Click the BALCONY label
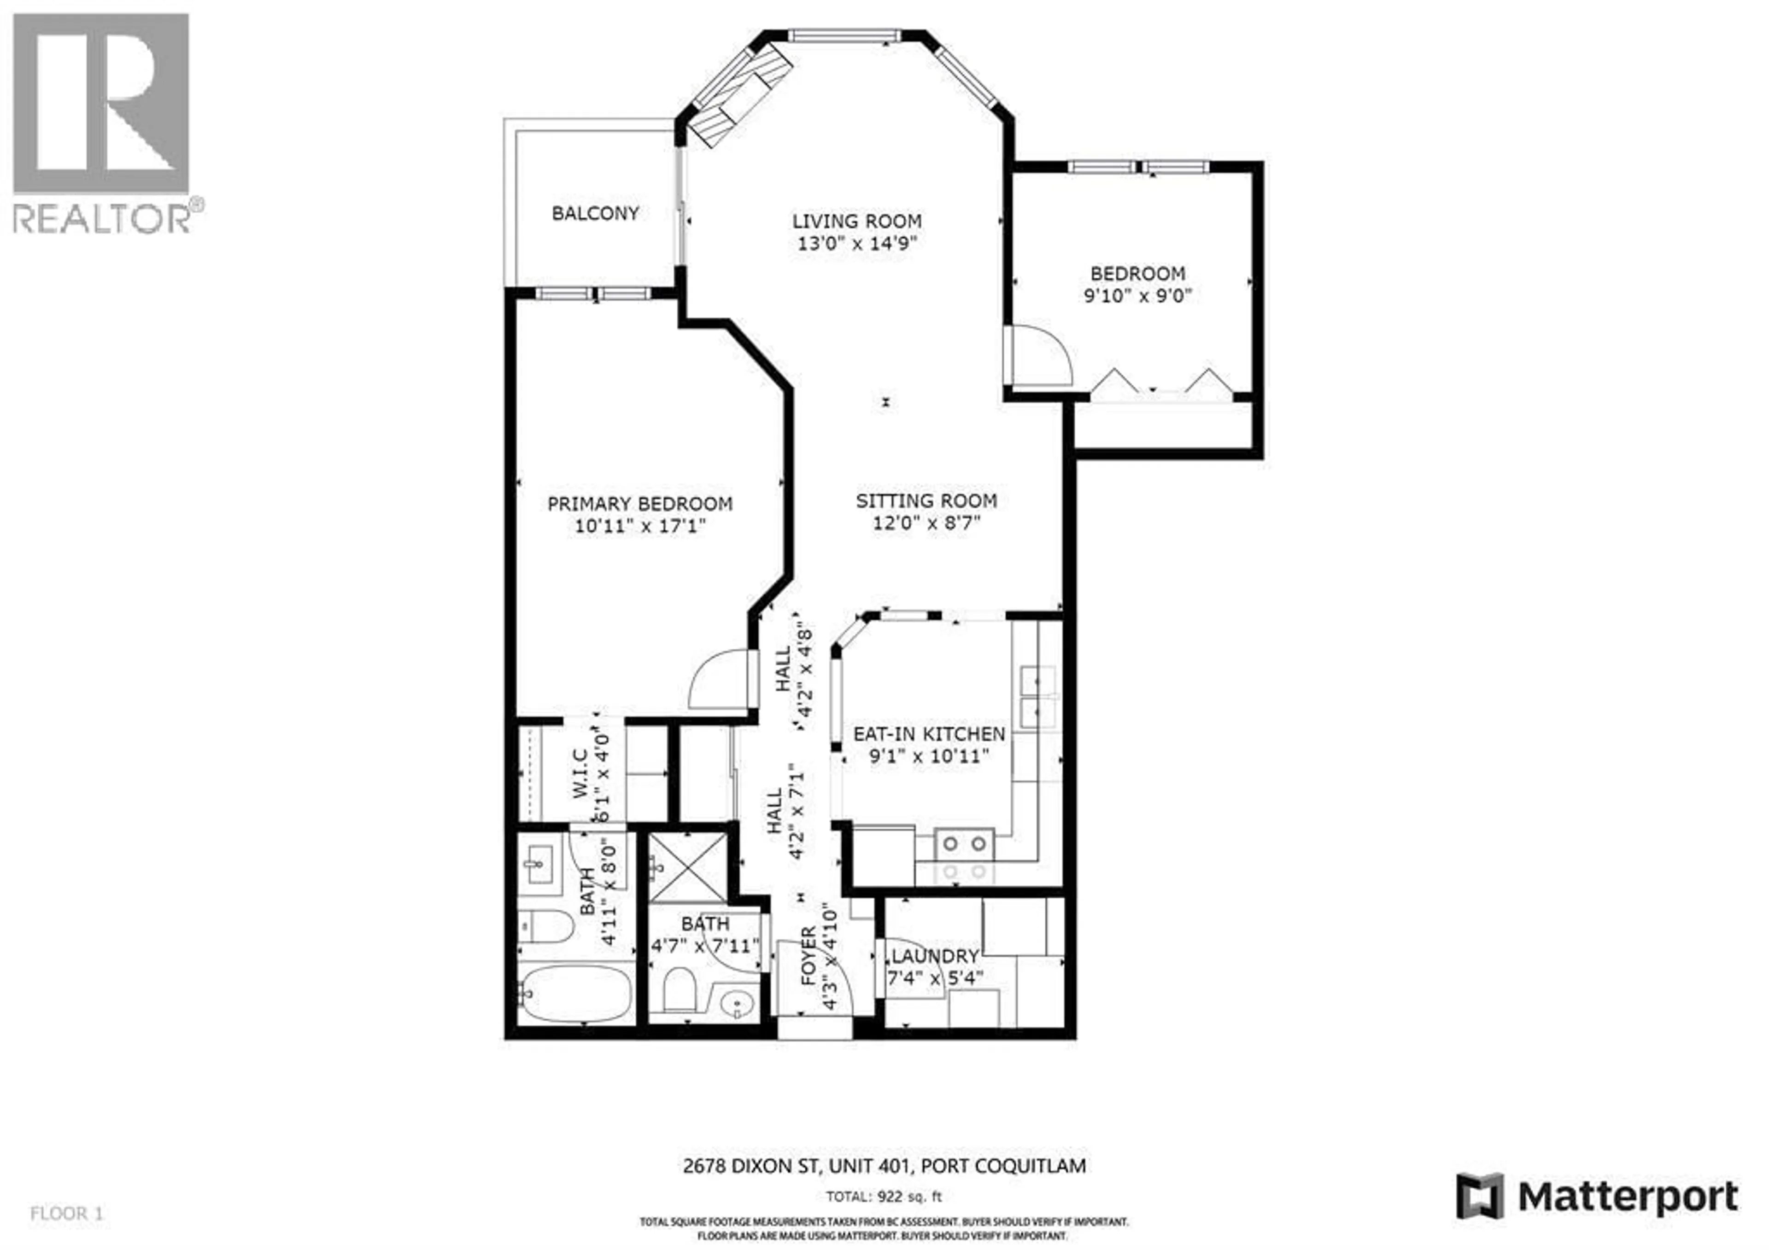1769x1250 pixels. point(595,213)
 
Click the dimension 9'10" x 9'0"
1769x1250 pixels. point(1137,296)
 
